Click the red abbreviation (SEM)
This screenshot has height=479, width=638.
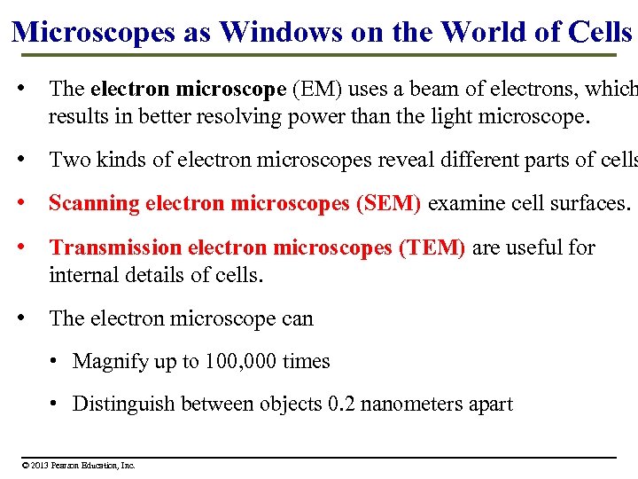pyautogui.click(x=388, y=203)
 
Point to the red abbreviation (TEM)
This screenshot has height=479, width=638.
pyautogui.click(x=432, y=247)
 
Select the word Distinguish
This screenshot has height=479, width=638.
pyautogui.click(x=123, y=404)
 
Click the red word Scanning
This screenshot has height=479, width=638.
pyautogui.click(x=94, y=203)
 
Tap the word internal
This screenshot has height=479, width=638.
pyautogui.click(x=82, y=275)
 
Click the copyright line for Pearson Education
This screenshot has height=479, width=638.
pyautogui.click(x=79, y=465)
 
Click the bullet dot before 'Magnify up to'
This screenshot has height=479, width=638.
pyautogui.click(x=55, y=361)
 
